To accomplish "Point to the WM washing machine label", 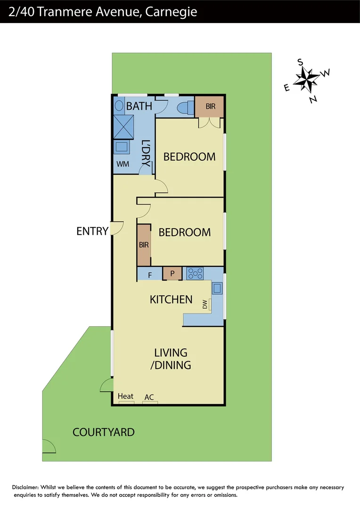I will [123, 164].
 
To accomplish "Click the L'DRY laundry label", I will [146, 153].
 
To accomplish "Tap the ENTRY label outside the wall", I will [92, 231].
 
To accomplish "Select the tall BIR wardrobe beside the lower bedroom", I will [144, 245].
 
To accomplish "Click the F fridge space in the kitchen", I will [149, 275].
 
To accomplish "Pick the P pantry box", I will [172, 274].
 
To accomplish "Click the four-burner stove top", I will [195, 274].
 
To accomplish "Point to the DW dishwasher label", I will [205, 305].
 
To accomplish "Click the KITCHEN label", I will [171, 299].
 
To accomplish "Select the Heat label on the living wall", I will [126, 396].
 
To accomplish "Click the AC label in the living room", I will [149, 397].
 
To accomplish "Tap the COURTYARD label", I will [104, 432].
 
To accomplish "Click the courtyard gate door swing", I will [49, 446].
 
